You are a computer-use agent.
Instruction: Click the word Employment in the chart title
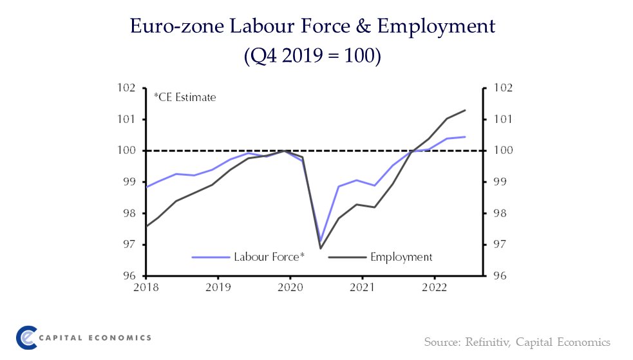pos(436,26)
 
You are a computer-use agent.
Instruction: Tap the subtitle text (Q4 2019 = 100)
pos(313,56)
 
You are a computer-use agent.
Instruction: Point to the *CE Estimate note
pos(184,98)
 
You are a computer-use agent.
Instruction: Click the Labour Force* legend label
pos(270,257)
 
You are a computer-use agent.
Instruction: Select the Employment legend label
pos(401,257)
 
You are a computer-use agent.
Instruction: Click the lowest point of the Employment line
pos(320,249)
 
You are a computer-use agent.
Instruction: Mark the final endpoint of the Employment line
pos(464,110)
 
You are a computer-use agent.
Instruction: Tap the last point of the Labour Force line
pos(465,137)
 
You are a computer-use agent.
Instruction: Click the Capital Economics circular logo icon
pos(26,337)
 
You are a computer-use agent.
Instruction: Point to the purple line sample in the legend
pos(211,257)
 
